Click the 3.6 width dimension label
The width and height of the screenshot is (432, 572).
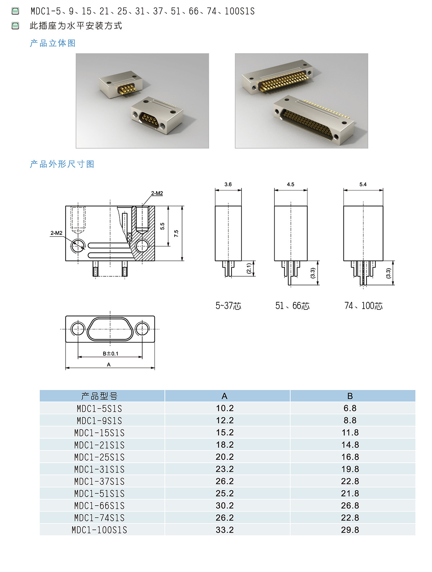coord(228,185)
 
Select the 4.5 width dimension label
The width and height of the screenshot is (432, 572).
coord(291,185)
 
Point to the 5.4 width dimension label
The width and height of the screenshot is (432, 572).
coord(363,185)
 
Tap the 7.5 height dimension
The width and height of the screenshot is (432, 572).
coord(176,233)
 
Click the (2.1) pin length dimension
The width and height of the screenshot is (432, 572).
coord(249,268)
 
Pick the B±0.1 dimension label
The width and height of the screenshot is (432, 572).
coord(110,354)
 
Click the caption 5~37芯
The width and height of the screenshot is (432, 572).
coord(228,306)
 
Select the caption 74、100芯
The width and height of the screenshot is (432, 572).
coord(363,306)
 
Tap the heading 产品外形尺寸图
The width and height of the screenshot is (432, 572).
coord(62,164)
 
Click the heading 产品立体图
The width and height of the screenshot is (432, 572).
coord(53,43)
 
